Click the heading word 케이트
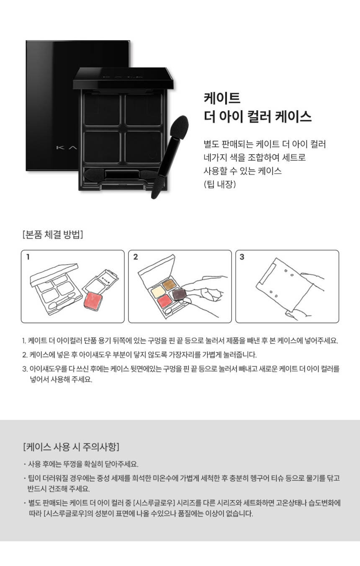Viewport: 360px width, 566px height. [222, 98]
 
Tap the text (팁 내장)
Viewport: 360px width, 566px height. [220, 184]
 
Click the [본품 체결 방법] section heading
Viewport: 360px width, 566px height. [53, 234]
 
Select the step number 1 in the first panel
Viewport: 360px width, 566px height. [28, 257]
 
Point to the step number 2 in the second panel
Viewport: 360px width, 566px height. [136, 257]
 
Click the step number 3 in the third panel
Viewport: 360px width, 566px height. [242, 257]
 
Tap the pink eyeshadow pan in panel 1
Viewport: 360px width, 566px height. [93, 301]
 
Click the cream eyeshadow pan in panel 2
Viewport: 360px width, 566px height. [158, 292]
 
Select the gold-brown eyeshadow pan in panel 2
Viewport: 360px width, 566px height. [170, 284]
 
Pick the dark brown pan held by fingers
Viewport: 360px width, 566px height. [180, 295]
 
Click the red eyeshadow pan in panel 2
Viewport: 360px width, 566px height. [165, 301]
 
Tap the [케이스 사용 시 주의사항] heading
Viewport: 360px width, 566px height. [71, 447]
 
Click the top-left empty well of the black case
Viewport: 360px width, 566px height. [102, 110]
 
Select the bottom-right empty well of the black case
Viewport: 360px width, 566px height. [143, 147]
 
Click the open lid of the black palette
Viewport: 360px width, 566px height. [123, 79]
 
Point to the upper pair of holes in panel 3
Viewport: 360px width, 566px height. [288, 273]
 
